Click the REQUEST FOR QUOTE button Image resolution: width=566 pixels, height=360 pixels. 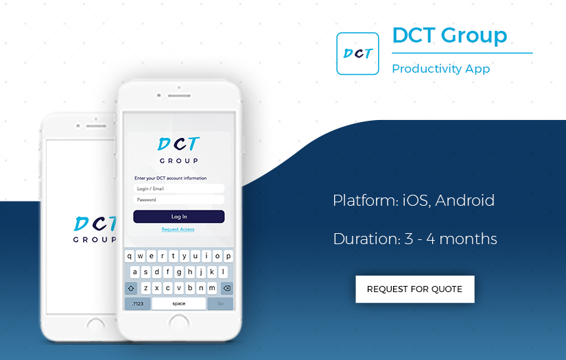[x=414, y=289]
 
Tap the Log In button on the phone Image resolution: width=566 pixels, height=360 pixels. [x=178, y=217]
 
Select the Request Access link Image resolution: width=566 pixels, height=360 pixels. [x=178, y=229]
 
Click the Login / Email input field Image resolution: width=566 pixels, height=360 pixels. [x=178, y=189]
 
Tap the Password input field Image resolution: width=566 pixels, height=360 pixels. [x=178, y=200]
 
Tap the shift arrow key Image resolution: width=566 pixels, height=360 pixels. [x=131, y=288]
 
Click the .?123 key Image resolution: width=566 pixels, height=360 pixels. [x=137, y=303]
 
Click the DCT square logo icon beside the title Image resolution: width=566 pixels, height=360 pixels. [x=357, y=53]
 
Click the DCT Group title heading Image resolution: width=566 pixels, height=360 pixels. [x=449, y=35]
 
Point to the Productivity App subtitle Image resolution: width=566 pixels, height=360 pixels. [x=440, y=69]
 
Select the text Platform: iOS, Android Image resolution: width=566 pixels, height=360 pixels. [x=413, y=201]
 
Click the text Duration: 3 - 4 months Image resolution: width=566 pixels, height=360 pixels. [x=414, y=239]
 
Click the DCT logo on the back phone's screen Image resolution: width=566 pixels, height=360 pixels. [x=94, y=228]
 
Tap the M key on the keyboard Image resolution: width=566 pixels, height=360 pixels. [x=212, y=288]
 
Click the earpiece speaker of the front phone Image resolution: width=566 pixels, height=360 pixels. [x=178, y=95]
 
